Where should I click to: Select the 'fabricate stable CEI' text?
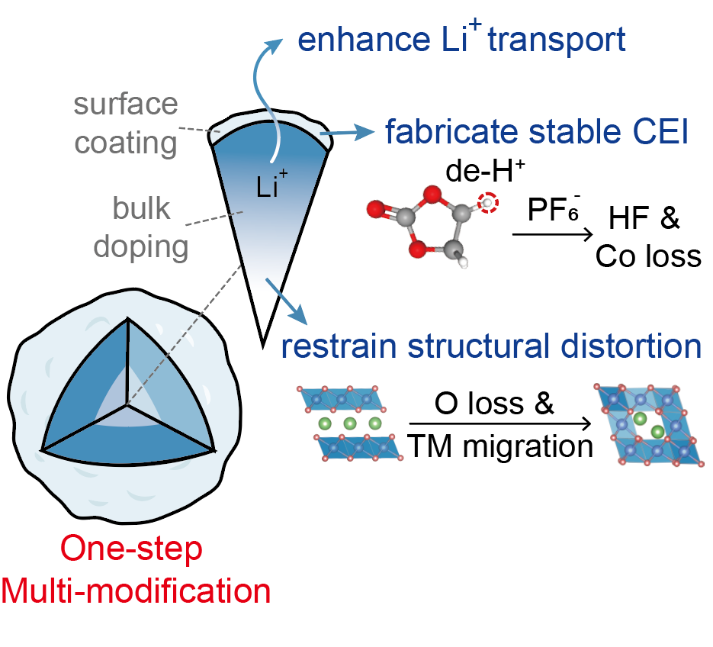click(x=538, y=133)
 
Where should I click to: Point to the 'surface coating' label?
click(x=126, y=122)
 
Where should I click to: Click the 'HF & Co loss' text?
click(x=648, y=237)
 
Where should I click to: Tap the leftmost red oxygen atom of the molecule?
click(x=374, y=208)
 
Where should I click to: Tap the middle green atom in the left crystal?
click(x=350, y=423)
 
